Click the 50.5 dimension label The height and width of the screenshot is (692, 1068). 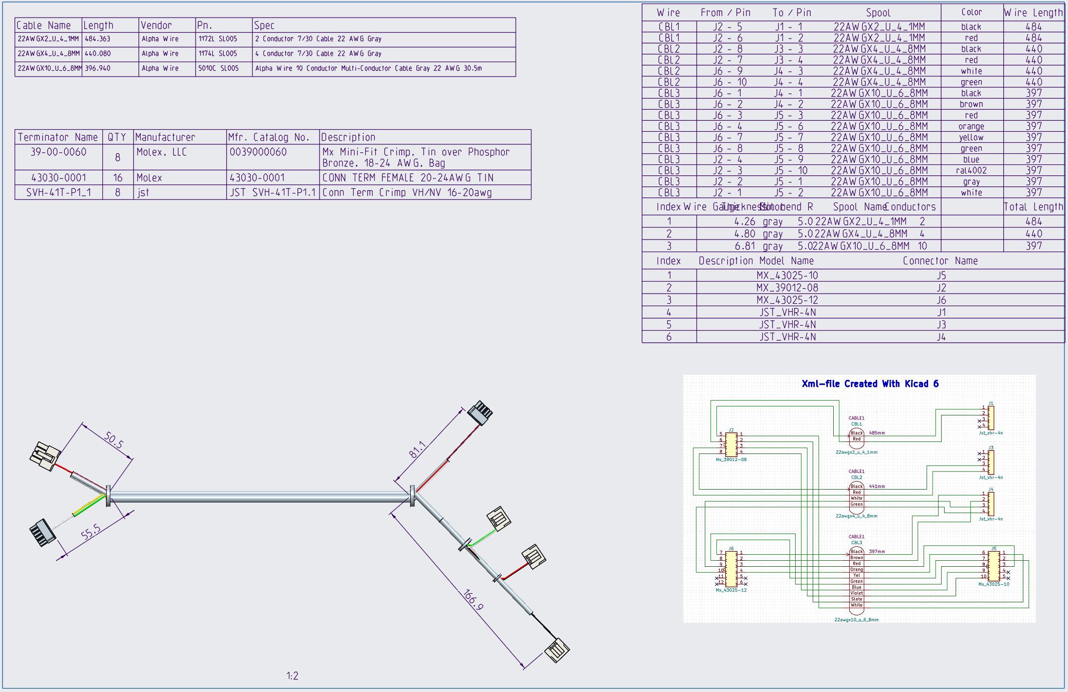tap(114, 440)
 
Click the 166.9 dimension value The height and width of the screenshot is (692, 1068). tap(473, 600)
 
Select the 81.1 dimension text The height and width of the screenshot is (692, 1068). tap(417, 450)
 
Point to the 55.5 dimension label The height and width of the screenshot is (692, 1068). tap(91, 532)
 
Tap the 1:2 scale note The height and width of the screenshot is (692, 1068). tap(292, 676)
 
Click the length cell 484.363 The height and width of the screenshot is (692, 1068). tap(98, 39)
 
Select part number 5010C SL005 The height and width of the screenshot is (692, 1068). tap(218, 69)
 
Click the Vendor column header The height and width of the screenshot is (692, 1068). tap(156, 26)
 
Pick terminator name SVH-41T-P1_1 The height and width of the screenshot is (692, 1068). tap(59, 192)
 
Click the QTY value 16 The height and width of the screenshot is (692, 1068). tap(118, 178)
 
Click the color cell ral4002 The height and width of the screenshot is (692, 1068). tap(971, 171)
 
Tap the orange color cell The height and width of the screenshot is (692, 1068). tap(971, 127)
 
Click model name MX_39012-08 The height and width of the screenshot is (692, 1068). tap(787, 288)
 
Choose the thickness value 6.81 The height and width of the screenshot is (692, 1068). tap(744, 246)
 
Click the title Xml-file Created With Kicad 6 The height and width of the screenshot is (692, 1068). tap(870, 384)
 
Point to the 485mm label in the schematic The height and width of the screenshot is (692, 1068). tap(876, 433)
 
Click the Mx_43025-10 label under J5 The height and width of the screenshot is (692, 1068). tap(993, 584)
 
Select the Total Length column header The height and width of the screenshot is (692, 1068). tap(1033, 207)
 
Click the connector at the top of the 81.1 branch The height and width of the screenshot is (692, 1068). tap(480, 413)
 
